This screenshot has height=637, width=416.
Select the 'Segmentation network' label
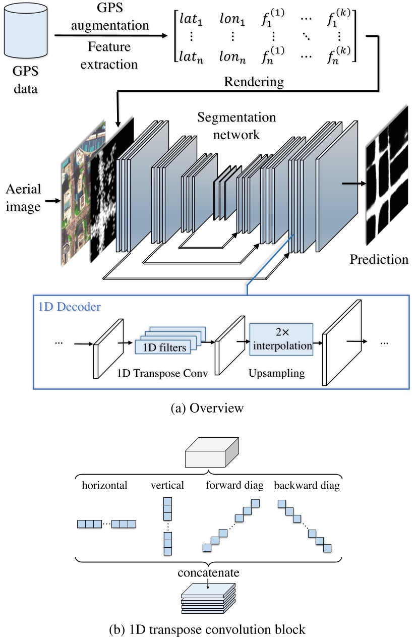click(x=236, y=126)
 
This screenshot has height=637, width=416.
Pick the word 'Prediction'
click(x=379, y=260)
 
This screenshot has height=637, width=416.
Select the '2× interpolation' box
click(x=281, y=339)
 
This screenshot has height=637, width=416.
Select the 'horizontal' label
click(x=104, y=486)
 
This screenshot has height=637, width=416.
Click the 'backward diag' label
click(x=307, y=486)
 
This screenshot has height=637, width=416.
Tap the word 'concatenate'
click(x=208, y=573)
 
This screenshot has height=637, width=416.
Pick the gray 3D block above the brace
click(x=208, y=452)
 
